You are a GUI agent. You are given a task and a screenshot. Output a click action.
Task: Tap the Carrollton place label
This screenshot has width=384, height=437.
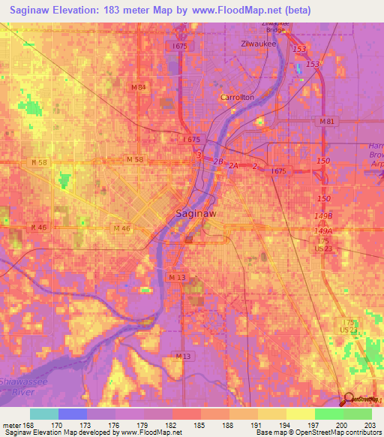point(237,98)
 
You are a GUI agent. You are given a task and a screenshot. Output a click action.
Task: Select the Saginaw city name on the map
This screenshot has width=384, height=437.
point(196,213)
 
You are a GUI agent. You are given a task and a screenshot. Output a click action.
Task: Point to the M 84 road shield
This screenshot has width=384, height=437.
point(138,87)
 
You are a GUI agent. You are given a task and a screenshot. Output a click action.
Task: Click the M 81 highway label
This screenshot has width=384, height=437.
point(326,122)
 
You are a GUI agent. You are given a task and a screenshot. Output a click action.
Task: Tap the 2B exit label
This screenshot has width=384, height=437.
point(217,161)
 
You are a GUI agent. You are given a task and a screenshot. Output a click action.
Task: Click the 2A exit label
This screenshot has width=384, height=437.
point(233,166)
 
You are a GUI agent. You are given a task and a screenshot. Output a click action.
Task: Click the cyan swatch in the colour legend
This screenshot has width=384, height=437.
point(43,414)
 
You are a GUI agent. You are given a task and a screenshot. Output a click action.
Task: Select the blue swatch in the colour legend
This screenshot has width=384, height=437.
point(72,414)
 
